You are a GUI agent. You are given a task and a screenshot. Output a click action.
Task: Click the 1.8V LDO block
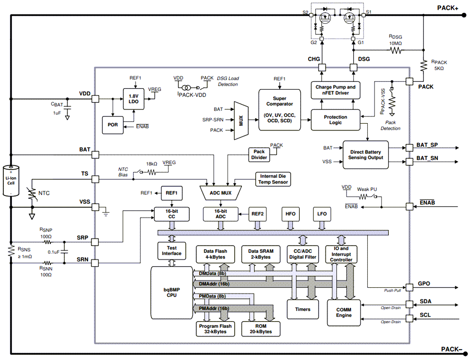pos(134,99)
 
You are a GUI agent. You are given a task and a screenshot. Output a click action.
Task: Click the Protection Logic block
pos(335,120)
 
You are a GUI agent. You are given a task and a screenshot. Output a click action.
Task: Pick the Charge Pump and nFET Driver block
pos(335,90)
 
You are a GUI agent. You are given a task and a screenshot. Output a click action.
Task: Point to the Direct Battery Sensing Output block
pos(365,155)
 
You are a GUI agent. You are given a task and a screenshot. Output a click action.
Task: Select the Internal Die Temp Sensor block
pos(273,179)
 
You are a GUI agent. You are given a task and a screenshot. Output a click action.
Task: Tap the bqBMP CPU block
pos(171,292)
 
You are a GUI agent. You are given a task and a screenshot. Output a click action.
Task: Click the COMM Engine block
pos(343,312)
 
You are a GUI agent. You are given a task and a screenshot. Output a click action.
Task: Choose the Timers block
pos(303,309)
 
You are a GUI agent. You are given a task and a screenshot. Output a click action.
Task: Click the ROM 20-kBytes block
pos(261,329)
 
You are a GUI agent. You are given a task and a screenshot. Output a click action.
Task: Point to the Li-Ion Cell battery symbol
pos(11,180)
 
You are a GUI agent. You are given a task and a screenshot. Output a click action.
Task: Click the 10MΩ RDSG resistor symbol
pos(395,51)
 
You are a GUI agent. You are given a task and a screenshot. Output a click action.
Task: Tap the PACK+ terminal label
pos(447,8)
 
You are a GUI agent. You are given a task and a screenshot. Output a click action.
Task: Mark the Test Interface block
pos(172,250)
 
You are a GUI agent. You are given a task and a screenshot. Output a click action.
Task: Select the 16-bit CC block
pos(171,214)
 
